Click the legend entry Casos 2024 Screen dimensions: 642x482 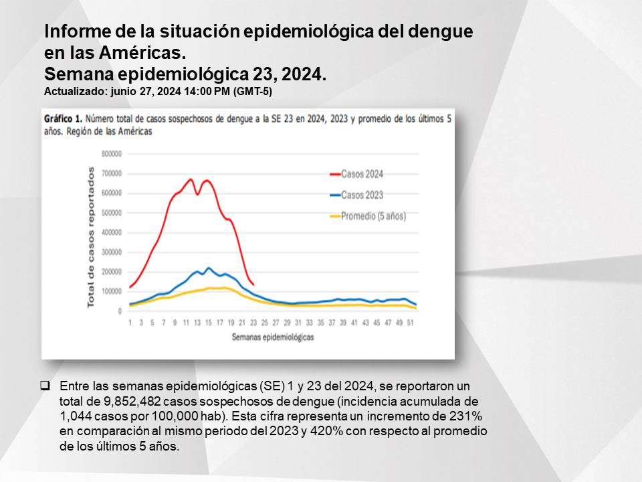[356, 174]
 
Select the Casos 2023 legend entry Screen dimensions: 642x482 [356, 195]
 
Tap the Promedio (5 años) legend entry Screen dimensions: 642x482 [368, 216]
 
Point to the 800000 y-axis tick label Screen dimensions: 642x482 [112, 154]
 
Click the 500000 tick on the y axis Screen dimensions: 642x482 [112, 213]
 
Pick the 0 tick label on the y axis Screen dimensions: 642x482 [120, 311]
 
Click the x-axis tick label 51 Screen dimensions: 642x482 [410, 323]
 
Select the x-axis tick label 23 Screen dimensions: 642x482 [253, 323]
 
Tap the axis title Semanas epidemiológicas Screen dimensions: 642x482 [273, 337]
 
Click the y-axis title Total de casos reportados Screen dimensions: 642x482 [90, 237]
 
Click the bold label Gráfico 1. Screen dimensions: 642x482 [64, 119]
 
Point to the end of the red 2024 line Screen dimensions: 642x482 [253, 285]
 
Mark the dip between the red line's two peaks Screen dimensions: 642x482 [197, 194]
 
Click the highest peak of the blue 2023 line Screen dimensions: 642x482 [209, 268]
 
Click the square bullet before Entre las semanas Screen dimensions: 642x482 [45, 386]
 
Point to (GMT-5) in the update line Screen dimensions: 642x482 [252, 92]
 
